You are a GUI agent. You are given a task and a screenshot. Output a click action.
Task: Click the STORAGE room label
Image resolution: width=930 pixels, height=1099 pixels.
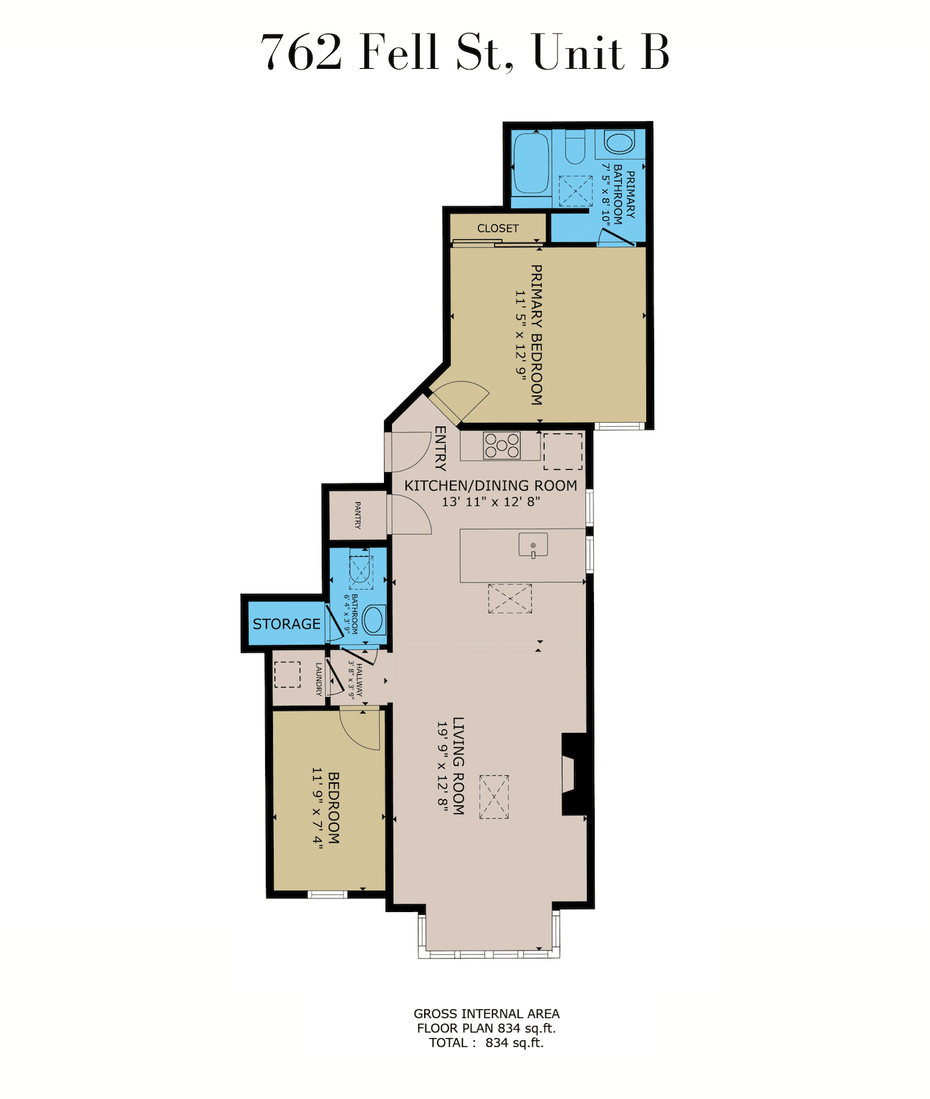pyautogui.click(x=286, y=624)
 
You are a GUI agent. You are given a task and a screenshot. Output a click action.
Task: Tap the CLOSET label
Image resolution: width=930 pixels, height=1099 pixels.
pyautogui.click(x=498, y=228)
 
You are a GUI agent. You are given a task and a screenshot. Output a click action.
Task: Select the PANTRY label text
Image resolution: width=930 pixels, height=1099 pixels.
pyautogui.click(x=358, y=515)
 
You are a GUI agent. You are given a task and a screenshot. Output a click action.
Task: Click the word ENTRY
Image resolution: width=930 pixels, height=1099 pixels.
pyautogui.click(x=440, y=448)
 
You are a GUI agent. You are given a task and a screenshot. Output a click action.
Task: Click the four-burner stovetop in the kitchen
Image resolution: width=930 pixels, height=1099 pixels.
pyautogui.click(x=502, y=446)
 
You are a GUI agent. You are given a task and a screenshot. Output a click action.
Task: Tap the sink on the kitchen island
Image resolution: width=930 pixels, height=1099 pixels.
pyautogui.click(x=533, y=545)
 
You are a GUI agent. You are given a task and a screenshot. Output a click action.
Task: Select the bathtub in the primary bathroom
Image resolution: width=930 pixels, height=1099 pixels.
pyautogui.click(x=532, y=163)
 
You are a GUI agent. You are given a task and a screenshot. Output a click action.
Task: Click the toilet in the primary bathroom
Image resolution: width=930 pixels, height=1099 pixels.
pyautogui.click(x=575, y=147)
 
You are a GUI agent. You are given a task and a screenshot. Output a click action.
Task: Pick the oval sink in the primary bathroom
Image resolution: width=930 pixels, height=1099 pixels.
pyautogui.click(x=619, y=143)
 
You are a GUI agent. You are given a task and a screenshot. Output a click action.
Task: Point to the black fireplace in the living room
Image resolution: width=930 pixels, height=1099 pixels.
pyautogui.click(x=575, y=774)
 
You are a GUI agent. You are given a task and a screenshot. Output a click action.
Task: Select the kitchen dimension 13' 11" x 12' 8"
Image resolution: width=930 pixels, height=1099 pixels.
pyautogui.click(x=491, y=501)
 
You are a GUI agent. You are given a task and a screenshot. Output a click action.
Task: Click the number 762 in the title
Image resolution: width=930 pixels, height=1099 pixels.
pyautogui.click(x=301, y=52)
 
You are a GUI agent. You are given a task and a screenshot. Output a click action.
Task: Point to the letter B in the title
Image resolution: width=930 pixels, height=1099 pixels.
pyautogui.click(x=655, y=52)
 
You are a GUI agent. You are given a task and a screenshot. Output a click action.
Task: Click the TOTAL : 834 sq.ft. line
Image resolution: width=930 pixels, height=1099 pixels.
pyautogui.click(x=486, y=1057)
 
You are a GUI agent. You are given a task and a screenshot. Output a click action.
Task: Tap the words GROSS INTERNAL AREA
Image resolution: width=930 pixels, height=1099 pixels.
pyautogui.click(x=486, y=1029)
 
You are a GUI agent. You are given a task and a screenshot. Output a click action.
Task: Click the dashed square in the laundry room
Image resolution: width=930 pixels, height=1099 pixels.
pyautogui.click(x=287, y=675)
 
